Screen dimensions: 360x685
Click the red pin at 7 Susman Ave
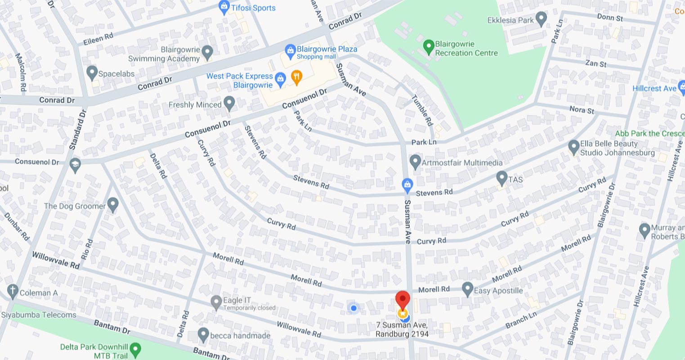click(x=403, y=299)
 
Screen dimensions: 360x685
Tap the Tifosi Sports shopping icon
click(x=224, y=7)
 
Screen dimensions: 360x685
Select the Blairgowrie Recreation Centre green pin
click(x=429, y=46)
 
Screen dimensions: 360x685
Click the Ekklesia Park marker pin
click(x=541, y=19)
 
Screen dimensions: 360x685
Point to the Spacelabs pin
click(x=92, y=72)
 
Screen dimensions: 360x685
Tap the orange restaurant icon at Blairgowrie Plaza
click(x=296, y=77)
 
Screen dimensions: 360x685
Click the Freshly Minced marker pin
click(x=229, y=103)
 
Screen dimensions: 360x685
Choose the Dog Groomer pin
click(x=113, y=205)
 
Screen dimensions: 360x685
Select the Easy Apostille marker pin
click(x=467, y=288)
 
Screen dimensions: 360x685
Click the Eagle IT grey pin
click(x=216, y=302)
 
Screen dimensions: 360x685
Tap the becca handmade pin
click(x=203, y=334)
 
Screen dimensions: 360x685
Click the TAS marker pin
click(x=501, y=178)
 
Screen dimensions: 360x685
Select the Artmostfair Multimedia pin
click(x=415, y=162)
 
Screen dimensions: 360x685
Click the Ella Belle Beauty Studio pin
click(x=573, y=147)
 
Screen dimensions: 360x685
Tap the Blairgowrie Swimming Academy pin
click(x=207, y=52)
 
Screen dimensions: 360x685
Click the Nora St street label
click(x=582, y=110)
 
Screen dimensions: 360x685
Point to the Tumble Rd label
click(x=422, y=110)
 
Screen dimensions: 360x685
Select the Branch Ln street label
click(x=521, y=320)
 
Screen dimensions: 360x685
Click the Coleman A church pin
click(x=13, y=291)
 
